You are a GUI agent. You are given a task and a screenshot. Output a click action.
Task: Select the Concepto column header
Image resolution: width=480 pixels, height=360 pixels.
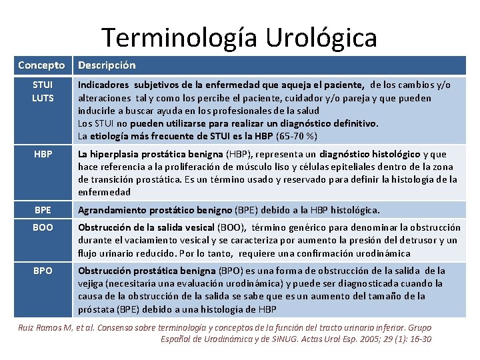(x=41, y=65)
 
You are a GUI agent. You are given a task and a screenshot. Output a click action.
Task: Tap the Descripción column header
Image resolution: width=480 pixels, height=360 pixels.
(x=107, y=65)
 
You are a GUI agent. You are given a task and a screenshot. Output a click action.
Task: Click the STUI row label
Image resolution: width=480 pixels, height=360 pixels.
(x=42, y=85)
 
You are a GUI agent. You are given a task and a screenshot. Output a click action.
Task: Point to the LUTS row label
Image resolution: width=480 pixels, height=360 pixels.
(x=42, y=98)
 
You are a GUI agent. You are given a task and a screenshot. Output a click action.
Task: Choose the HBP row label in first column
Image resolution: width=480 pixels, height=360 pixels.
(x=42, y=155)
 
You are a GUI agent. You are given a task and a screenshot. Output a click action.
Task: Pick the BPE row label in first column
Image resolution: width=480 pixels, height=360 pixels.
(x=42, y=210)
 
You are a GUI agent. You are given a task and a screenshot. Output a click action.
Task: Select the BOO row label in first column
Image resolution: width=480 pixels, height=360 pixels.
(x=42, y=228)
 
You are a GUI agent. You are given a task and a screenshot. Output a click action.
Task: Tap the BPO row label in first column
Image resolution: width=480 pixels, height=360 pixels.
(x=42, y=271)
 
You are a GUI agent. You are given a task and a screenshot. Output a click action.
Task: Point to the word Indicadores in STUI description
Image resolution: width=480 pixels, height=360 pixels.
(x=103, y=85)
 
